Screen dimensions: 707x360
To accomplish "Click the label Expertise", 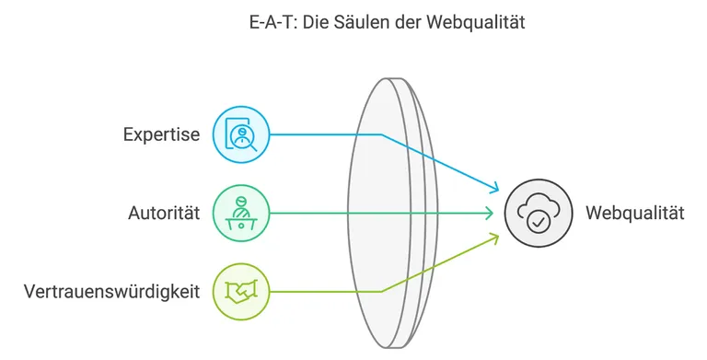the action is tap(161, 134).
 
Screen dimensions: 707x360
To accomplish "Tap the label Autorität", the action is tap(164, 214).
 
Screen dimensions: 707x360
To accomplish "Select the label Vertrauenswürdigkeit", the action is tap(111, 292).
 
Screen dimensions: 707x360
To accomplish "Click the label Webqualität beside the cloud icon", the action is tap(635, 214).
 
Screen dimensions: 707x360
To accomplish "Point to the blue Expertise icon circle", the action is tap(241, 134).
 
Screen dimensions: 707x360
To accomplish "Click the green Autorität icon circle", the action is tap(241, 214).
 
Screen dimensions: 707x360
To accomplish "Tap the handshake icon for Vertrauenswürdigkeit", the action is tap(241, 293).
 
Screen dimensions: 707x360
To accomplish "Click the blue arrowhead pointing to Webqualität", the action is tap(494, 189).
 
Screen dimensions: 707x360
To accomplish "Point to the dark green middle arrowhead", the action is tap(489, 214).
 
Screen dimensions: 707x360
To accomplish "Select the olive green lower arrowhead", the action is tap(494, 238).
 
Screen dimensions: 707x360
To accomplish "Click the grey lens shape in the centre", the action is tap(387, 214).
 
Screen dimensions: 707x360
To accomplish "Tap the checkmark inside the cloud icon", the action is tap(538, 222).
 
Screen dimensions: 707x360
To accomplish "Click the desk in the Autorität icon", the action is tap(241, 221).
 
